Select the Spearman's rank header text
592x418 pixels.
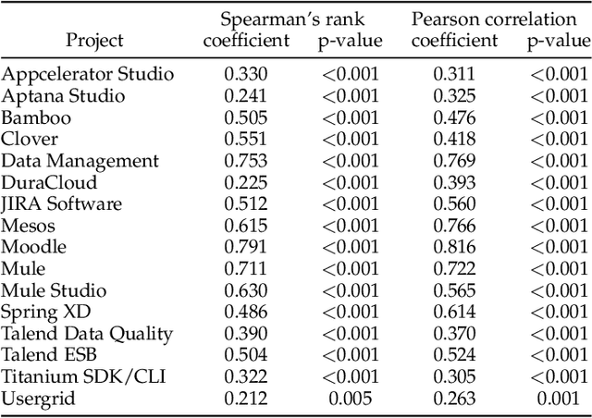(289, 18)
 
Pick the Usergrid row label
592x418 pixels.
(38, 399)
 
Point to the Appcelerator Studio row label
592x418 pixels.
(87, 74)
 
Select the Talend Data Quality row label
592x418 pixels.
(87, 334)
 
